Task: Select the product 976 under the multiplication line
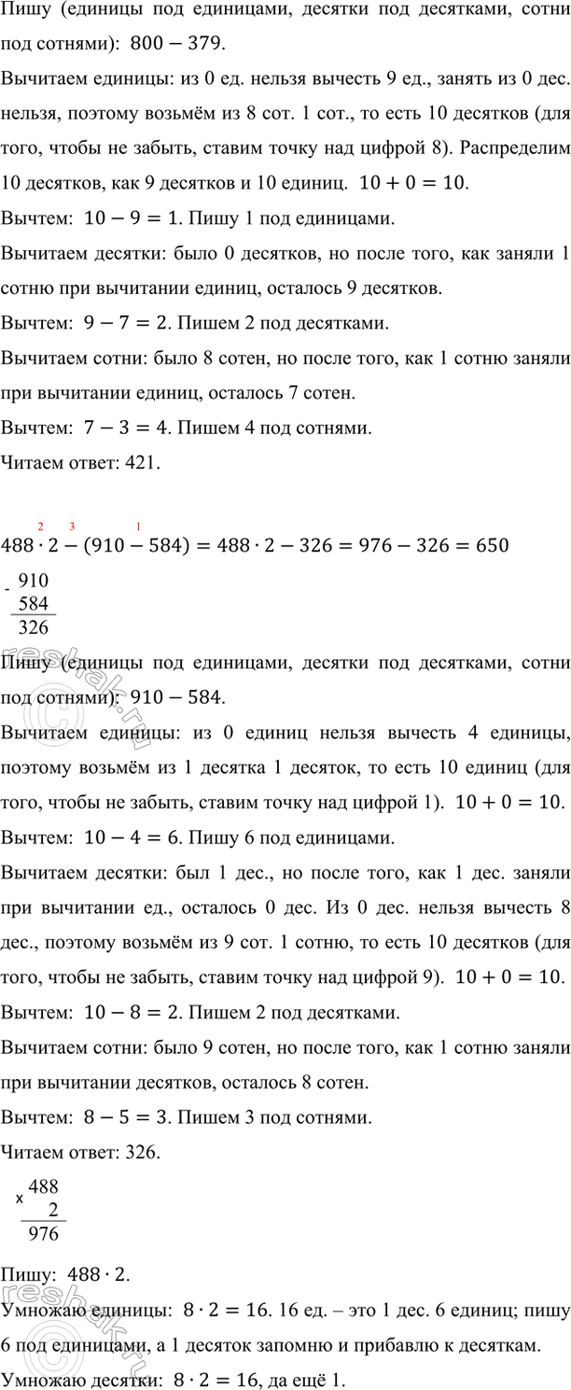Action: (44, 1234)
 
